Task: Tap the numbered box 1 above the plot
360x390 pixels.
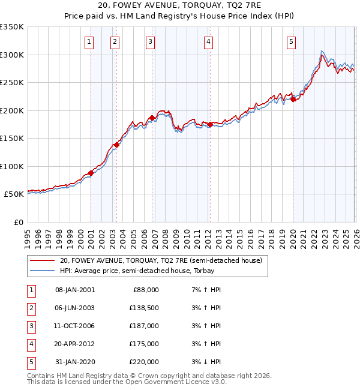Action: click(x=89, y=41)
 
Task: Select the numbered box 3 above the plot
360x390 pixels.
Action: click(x=150, y=41)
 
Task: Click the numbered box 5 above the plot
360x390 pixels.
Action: click(x=291, y=41)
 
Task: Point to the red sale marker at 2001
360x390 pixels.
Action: click(x=91, y=173)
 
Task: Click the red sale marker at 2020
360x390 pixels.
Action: click(x=293, y=100)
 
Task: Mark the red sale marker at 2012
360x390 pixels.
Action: click(x=211, y=125)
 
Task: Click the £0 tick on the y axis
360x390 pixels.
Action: click(x=18, y=222)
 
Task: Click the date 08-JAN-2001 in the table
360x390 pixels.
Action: click(x=75, y=290)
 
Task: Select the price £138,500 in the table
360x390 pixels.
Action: click(x=143, y=308)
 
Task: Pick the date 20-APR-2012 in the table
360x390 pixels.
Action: click(x=75, y=344)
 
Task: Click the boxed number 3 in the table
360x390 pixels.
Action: click(x=31, y=326)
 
